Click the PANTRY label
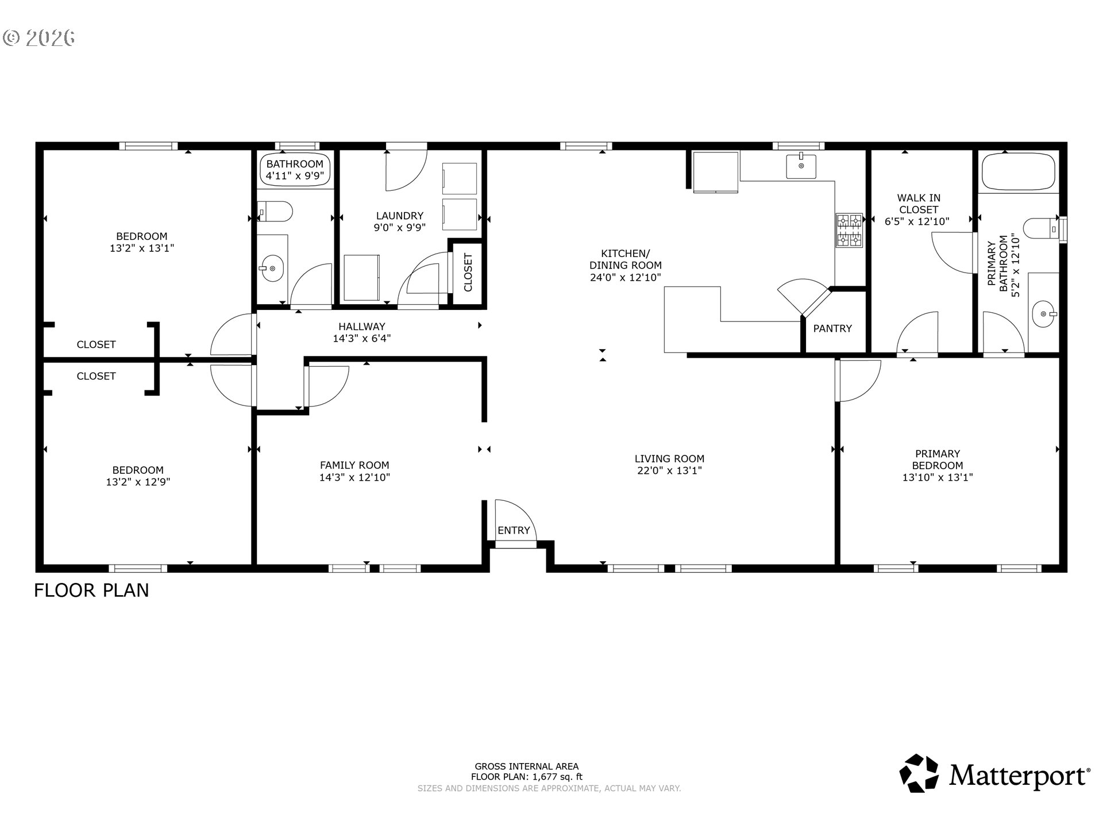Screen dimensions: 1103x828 [832, 328]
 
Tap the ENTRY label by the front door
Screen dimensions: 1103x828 [514, 530]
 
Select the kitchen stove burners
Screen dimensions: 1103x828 [849, 230]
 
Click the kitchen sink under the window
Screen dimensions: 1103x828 [801, 167]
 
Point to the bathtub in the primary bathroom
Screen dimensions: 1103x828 [1019, 171]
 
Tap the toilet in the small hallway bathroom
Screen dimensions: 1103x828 [275, 212]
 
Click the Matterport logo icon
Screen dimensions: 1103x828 [919, 773]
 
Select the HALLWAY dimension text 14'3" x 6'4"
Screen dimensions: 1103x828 [362, 339]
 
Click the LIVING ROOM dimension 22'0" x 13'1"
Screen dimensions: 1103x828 [669, 471]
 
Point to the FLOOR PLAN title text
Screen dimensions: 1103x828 [91, 591]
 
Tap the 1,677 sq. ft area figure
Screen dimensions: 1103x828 [557, 777]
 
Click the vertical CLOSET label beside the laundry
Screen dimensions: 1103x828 [468, 273]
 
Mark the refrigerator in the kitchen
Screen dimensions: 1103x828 [716, 171]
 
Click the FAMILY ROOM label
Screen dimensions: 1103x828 [354, 465]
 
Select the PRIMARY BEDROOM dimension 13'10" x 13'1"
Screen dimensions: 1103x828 [938, 477]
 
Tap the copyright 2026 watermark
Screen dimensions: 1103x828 [39, 38]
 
